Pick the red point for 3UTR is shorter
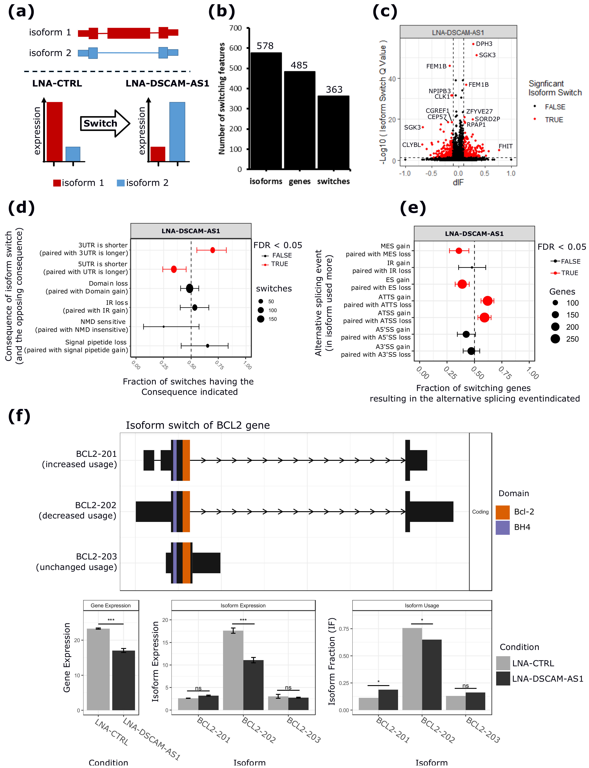point(213,250)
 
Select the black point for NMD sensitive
point(163,327)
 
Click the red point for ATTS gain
point(487,301)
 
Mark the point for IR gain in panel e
point(472,267)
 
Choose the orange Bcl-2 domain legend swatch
point(502,512)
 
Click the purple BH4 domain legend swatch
point(502,528)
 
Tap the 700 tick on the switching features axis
point(235,28)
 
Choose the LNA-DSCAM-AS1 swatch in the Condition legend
point(503,679)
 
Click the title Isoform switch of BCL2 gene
point(198,425)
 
